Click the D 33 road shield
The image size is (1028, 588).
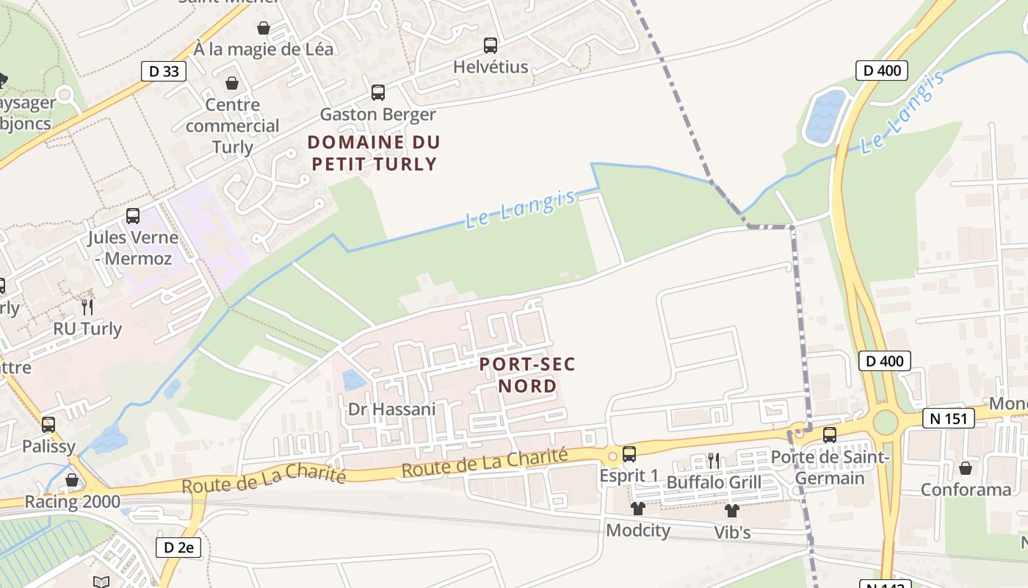(163, 71)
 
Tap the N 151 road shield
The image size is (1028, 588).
(948, 418)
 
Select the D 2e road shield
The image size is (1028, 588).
(178, 548)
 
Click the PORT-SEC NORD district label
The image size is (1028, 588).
(527, 375)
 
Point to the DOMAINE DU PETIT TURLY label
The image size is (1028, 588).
(374, 153)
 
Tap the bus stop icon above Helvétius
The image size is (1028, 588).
(490, 46)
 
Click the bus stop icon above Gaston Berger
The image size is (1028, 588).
(378, 93)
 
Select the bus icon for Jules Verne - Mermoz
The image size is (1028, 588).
(133, 216)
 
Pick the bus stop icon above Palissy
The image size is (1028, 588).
(48, 425)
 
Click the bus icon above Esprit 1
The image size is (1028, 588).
(629, 454)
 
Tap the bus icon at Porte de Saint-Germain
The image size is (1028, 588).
(830, 435)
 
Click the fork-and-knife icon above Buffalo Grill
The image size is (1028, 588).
(713, 461)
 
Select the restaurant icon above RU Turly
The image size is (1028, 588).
(87, 306)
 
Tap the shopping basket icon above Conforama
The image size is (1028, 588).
(966, 468)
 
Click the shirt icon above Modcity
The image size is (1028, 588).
(637, 509)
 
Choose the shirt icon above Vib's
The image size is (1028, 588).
(731, 510)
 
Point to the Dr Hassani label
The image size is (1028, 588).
(391, 409)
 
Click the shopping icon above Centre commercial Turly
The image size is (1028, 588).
(232, 83)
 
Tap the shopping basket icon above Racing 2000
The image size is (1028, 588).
(72, 481)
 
